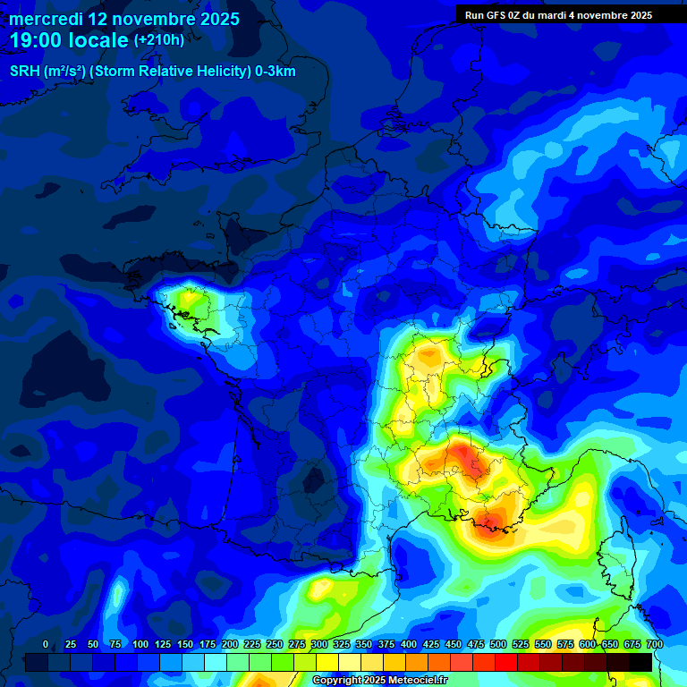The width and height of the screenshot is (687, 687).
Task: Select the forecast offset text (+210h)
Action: point(159,40)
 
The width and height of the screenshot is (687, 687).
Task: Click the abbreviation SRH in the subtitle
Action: point(25,71)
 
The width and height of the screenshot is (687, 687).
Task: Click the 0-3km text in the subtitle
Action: point(276,71)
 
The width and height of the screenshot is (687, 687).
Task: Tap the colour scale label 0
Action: point(46,644)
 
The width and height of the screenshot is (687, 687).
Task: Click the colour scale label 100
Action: point(140,644)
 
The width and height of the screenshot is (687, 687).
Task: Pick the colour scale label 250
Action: point(275,644)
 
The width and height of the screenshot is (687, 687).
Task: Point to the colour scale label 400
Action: point(409,644)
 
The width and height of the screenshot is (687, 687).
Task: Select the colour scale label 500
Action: point(498,644)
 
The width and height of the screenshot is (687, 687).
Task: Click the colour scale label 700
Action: point(654,644)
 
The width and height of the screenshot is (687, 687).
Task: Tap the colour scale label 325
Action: point(342,644)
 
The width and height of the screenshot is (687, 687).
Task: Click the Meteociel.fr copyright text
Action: point(379,680)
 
